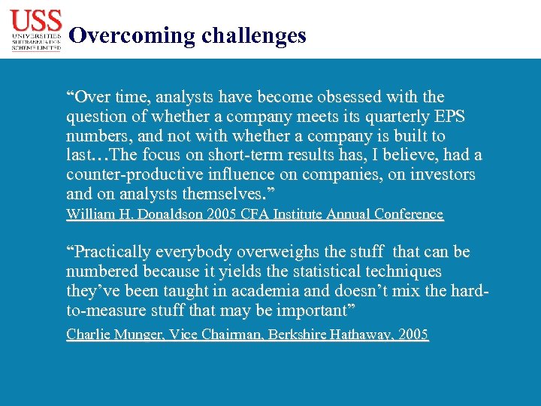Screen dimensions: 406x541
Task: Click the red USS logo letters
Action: (x=36, y=19)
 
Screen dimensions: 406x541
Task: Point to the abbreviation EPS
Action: (x=450, y=117)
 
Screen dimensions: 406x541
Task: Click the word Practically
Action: (x=110, y=252)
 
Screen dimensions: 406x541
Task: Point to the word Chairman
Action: (x=213, y=335)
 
